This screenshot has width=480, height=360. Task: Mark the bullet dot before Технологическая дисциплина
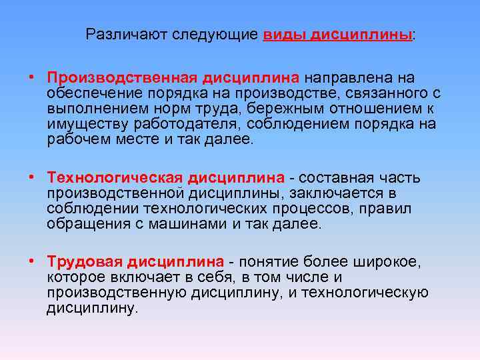point(32,177)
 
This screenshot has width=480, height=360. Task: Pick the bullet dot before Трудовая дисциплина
point(32,261)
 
